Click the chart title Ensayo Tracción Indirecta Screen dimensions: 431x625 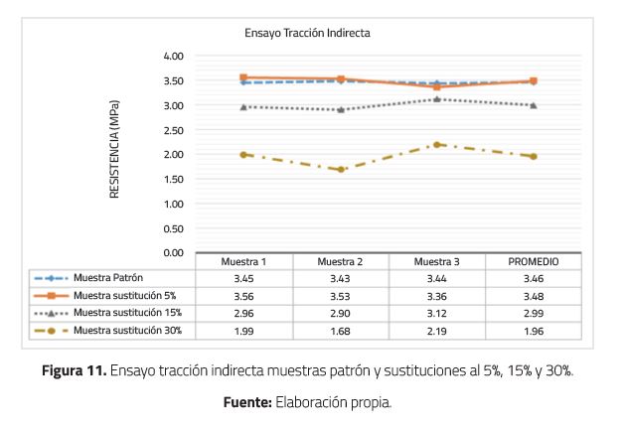click(307, 33)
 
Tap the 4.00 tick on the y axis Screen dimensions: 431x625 click(173, 56)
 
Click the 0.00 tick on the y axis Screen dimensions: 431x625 click(173, 253)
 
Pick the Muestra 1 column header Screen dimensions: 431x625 click(243, 261)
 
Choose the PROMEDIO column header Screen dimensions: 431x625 click(534, 261)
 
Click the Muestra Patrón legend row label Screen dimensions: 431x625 click(111, 278)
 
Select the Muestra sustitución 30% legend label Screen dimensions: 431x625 click(127, 330)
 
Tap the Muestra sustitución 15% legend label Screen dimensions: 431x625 click(127, 313)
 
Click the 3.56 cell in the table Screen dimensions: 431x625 click(243, 296)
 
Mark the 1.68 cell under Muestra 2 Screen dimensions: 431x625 click(340, 331)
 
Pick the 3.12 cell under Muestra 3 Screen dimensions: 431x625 click(437, 313)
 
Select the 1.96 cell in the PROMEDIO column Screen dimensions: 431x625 click(534, 331)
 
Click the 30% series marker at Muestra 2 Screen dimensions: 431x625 click(341, 170)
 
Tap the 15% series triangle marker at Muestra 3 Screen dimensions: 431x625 click(437, 99)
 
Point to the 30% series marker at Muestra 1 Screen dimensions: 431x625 click(243, 155)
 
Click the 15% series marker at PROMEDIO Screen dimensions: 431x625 click(534, 105)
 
